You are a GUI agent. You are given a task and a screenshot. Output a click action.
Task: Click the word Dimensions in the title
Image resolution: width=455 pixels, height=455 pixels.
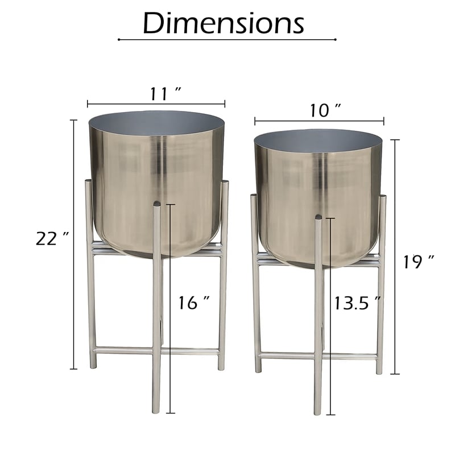coord(224,23)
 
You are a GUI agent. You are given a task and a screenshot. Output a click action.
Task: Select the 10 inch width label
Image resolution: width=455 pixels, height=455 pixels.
coord(325,111)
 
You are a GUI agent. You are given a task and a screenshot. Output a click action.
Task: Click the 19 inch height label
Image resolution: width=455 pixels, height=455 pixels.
coord(419,262)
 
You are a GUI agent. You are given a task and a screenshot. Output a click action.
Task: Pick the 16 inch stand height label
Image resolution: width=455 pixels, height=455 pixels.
coord(194,303)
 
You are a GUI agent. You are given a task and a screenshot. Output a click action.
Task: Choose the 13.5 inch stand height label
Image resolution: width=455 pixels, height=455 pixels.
coord(357,303)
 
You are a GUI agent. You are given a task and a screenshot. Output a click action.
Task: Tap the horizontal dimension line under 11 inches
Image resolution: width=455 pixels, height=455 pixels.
coord(156,104)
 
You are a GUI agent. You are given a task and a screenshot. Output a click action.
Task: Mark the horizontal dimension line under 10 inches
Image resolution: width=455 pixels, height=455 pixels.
coord(319,121)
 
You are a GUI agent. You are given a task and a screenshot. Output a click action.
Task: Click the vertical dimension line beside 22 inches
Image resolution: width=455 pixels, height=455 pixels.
coord(73,245)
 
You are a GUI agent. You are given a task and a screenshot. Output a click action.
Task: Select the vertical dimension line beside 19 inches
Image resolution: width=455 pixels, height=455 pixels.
coord(395,256)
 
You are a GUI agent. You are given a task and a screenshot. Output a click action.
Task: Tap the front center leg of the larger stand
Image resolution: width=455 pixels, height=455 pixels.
coord(157,318)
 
